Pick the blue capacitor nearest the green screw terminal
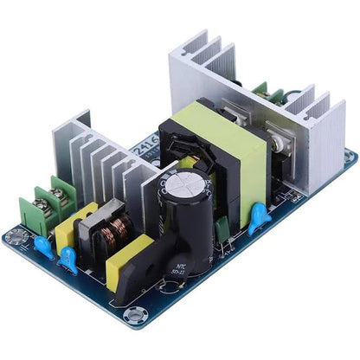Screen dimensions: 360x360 [x=42, y=244]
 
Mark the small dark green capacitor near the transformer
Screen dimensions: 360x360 [x=223, y=227]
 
